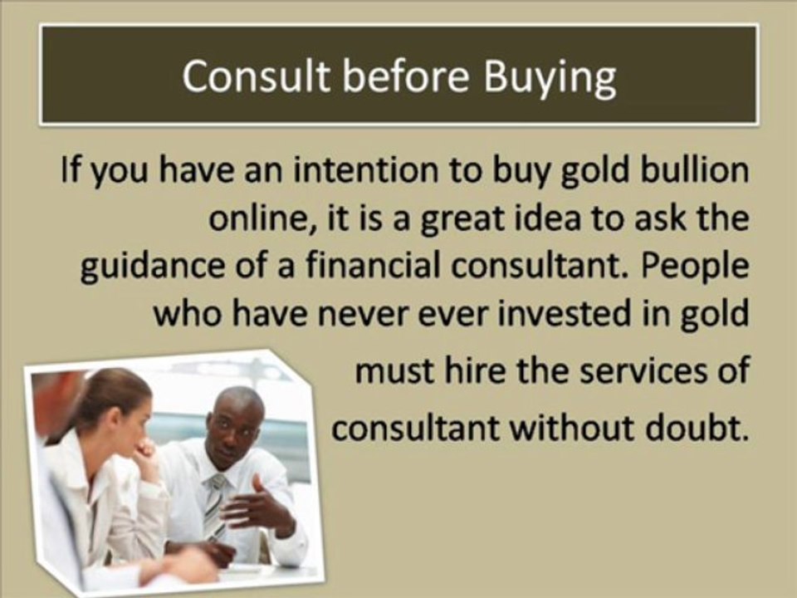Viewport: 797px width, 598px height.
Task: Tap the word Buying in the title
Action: pyautogui.click(x=550, y=79)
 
